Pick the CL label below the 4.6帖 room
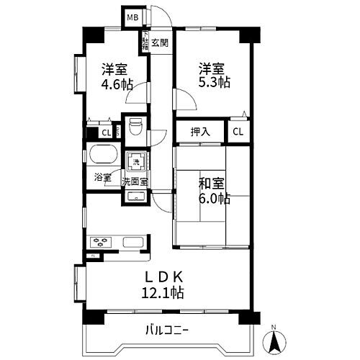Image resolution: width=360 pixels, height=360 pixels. click(106, 132)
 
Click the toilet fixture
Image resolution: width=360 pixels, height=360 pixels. click(133, 128)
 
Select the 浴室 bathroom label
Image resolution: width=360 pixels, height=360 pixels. click(102, 177)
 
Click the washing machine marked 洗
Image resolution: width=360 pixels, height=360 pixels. click(135, 162)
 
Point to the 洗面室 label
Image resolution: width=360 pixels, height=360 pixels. click(135, 181)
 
